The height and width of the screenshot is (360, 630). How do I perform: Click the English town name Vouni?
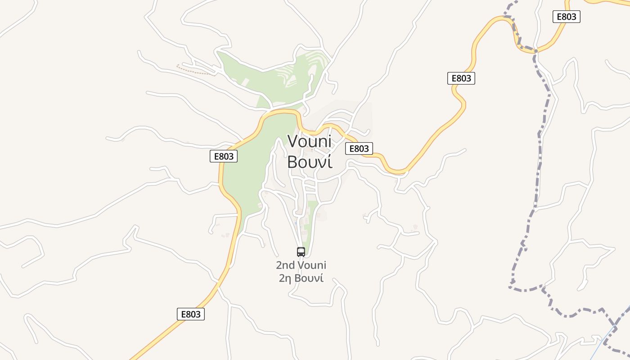[310, 141]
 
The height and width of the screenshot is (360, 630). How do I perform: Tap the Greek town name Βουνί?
[310, 162]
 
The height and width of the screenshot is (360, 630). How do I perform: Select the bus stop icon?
[301, 252]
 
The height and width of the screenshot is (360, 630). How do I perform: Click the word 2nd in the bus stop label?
[285, 265]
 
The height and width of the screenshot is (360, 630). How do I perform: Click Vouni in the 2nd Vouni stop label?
[311, 265]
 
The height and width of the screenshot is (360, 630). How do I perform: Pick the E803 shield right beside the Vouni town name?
[359, 148]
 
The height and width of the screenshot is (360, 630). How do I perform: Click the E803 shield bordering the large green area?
[224, 156]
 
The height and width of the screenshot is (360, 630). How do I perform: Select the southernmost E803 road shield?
[191, 314]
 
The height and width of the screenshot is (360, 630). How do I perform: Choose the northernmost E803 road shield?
[566, 17]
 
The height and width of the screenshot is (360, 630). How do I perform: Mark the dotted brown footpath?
[196, 71]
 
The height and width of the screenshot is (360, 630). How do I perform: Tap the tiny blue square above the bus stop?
[296, 222]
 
